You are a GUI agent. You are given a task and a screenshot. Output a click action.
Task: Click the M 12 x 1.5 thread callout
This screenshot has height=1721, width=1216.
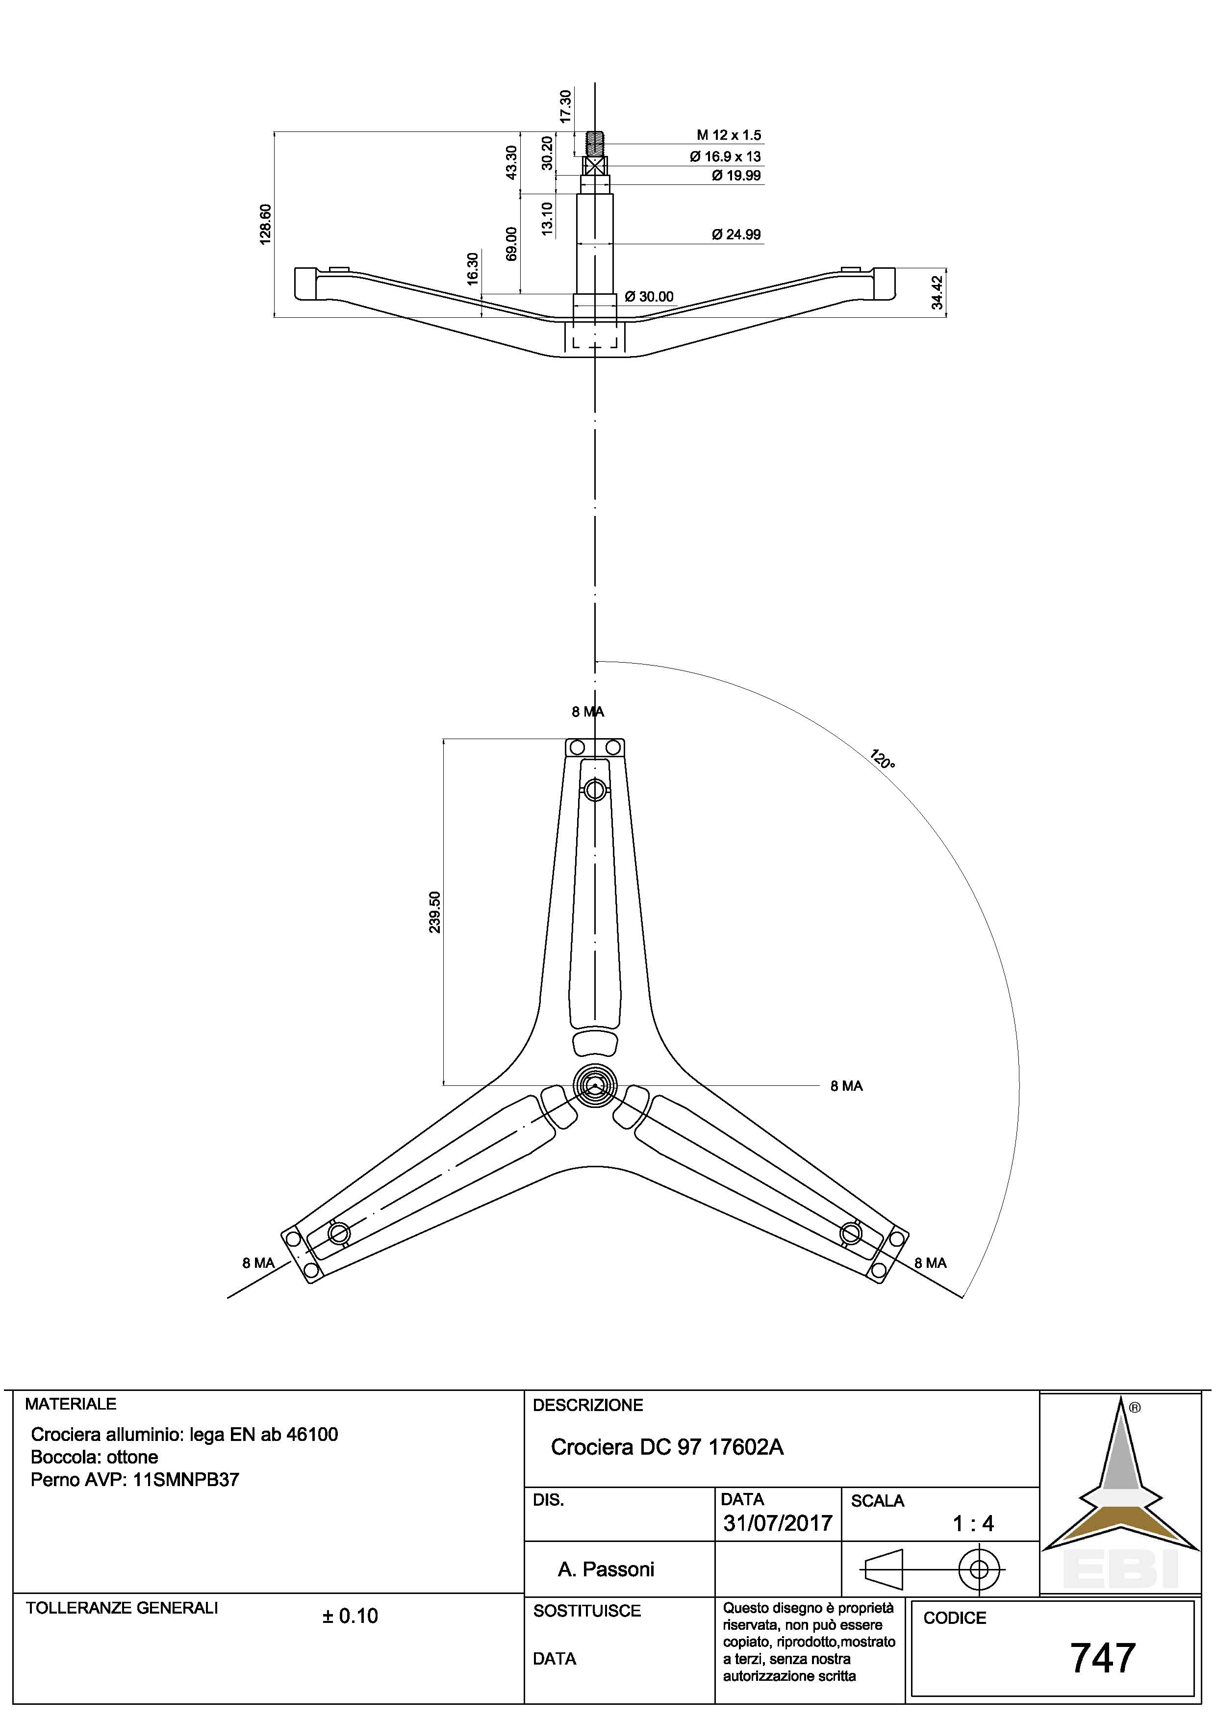[x=728, y=136]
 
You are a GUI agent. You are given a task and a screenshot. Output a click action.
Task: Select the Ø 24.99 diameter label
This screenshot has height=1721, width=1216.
[x=736, y=234]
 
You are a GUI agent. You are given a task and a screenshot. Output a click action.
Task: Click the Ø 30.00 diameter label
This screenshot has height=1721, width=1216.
[x=649, y=297]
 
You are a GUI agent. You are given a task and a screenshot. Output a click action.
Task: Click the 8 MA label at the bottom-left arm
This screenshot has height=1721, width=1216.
[x=258, y=1263]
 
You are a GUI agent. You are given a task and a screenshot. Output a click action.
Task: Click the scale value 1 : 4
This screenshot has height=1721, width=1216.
[x=972, y=1523]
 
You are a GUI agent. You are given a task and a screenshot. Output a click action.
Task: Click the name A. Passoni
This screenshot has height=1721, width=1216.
[x=606, y=1569]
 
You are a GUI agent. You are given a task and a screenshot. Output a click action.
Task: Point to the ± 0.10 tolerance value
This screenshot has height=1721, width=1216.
[x=350, y=1616]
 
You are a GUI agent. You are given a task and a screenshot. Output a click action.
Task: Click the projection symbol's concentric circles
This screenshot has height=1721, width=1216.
[x=979, y=1567]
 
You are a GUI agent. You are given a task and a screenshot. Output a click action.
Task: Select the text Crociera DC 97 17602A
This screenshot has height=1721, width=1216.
[x=667, y=1447]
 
